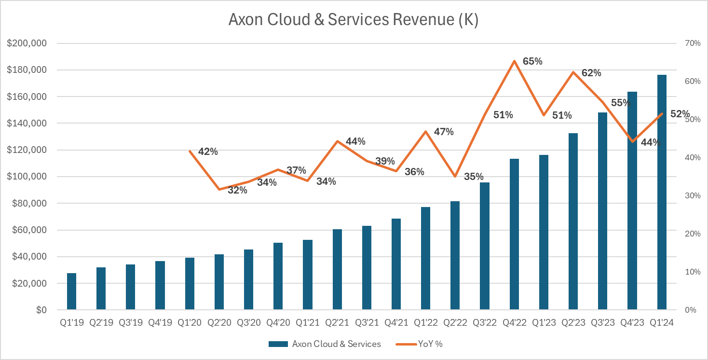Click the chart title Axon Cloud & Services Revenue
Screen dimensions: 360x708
coord(353,20)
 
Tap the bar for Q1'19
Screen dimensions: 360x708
coord(71,291)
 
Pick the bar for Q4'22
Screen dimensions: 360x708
coord(514,234)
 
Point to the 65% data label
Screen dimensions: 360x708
coord(532,62)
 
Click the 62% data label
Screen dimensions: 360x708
coord(591,73)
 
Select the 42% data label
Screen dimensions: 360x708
coord(208,152)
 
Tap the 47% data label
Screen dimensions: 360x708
coord(444,132)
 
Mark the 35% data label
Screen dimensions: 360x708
coord(473,177)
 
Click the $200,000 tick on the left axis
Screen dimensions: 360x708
coord(27,43)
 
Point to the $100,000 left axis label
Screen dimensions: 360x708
coord(27,177)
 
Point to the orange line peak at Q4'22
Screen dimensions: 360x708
coord(514,61)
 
